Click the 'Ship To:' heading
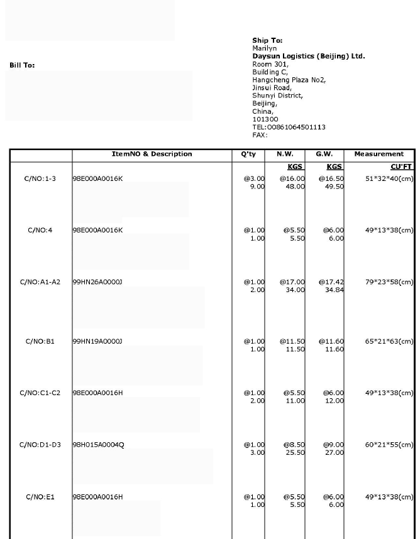click(267, 41)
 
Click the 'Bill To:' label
click(22, 65)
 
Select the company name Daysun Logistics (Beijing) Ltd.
click(308, 56)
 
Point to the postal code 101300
click(265, 119)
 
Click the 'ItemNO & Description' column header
click(152, 154)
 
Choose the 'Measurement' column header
click(379, 154)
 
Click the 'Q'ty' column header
click(248, 154)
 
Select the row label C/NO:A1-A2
click(40, 282)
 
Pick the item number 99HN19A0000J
click(97, 342)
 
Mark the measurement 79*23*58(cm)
click(389, 282)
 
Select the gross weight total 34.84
click(334, 290)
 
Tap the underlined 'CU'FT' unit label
click(402, 168)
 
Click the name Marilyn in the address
click(264, 48)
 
